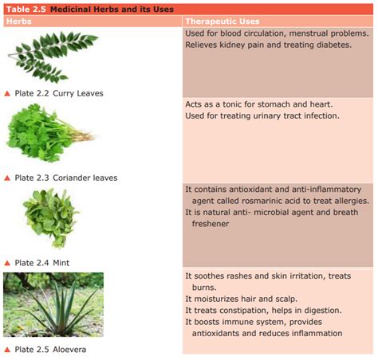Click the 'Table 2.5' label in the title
(x=26, y=10)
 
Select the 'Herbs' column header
(x=19, y=22)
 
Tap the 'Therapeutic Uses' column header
(x=222, y=22)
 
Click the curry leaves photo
(x=53, y=57)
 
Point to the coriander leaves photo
(x=50, y=133)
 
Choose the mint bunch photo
(x=51, y=218)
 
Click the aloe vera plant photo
(x=53, y=304)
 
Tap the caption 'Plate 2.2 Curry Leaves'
(x=59, y=93)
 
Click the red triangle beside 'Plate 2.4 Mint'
(x=7, y=263)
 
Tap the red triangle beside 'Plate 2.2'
(x=7, y=93)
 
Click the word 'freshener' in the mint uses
(x=211, y=224)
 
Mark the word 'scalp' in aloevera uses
(x=286, y=299)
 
